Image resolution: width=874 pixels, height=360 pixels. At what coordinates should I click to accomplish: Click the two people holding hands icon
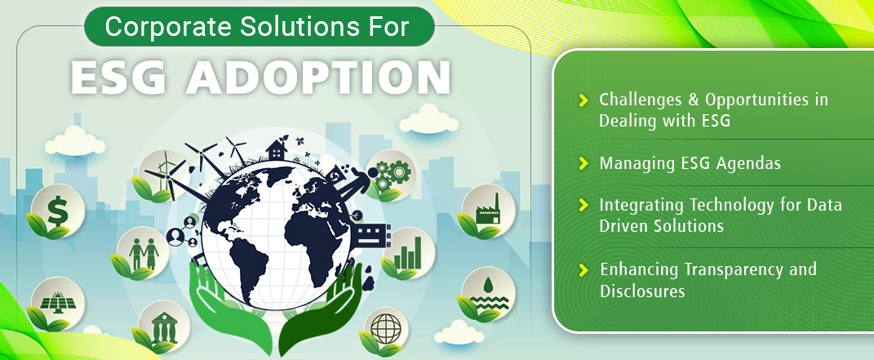coord(144,254)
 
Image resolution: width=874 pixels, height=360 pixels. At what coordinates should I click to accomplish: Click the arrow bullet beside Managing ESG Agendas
coord(583,163)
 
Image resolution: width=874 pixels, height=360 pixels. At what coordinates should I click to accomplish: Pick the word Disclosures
coord(642,291)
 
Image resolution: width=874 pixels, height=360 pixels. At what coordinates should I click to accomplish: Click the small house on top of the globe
coord(276,149)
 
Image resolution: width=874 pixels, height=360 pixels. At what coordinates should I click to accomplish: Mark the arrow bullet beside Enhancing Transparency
coord(583,270)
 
